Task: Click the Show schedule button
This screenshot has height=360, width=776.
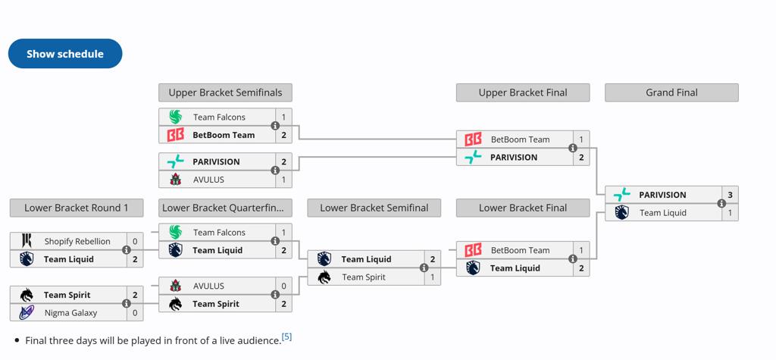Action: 65,54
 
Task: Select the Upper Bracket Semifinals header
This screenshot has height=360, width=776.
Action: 225,92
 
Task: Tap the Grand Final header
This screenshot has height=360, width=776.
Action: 671,92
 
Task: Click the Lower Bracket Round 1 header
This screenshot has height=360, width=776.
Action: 77,208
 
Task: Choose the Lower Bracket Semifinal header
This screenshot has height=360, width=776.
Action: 374,208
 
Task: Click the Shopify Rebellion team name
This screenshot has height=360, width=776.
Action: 77,241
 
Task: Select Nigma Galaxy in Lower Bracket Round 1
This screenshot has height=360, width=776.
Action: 70,312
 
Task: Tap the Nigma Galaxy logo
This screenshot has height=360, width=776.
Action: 27,312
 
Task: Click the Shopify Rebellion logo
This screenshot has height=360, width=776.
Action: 27,241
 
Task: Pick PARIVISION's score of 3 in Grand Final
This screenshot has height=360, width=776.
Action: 730,195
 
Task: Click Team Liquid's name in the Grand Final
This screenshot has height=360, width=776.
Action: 662,213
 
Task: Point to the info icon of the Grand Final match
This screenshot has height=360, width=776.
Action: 721,204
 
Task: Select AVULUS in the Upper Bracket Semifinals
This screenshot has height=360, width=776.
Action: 208,180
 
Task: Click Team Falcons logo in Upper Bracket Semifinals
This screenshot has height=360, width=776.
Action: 176,117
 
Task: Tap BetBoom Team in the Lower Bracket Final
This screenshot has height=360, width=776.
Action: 520,250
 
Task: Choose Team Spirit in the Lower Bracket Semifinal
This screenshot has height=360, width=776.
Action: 364,277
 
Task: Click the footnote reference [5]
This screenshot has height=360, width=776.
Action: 286,337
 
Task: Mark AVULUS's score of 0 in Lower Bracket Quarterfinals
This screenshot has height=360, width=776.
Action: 283,286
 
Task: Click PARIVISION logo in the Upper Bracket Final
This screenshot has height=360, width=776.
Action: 473,158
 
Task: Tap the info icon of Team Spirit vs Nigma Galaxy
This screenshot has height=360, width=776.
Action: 127,304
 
